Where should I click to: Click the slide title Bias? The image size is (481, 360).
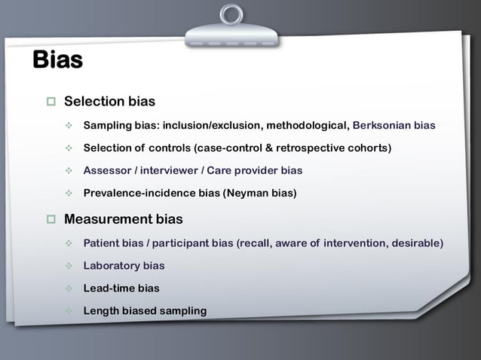57,60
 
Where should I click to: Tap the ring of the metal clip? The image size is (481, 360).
232,14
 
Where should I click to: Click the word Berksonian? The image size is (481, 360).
382,125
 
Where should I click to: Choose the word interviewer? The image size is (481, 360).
172,170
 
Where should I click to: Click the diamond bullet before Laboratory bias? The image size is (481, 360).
69,266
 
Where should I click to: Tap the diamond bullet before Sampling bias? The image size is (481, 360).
69,125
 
